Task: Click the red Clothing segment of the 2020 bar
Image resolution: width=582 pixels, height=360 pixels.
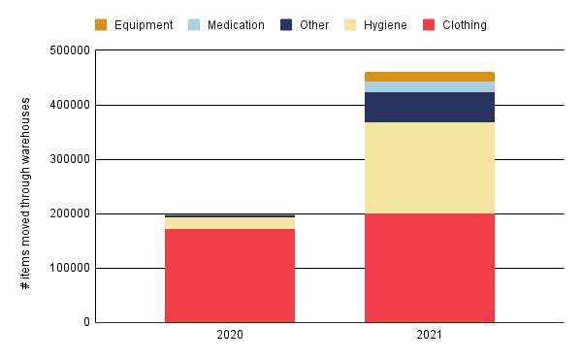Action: [230, 276]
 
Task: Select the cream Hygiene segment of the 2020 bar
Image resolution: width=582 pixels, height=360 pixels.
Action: [230, 223]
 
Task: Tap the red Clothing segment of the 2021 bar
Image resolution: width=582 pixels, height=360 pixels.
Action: [430, 268]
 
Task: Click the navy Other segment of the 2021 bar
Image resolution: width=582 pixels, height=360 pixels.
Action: [430, 108]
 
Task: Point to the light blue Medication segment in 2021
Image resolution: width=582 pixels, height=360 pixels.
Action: [430, 87]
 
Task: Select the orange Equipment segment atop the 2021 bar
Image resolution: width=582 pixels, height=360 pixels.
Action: [430, 77]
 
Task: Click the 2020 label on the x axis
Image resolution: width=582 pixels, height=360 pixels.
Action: [230, 335]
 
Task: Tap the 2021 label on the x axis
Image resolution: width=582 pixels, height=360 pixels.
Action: [430, 335]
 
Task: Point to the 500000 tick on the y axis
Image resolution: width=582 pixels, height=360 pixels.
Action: [66, 50]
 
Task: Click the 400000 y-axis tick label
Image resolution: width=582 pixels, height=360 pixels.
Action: [66, 105]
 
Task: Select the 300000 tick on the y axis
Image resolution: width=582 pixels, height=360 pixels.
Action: [66, 159]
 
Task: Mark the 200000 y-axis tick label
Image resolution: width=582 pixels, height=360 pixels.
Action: [66, 213]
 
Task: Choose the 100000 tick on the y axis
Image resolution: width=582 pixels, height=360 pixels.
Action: [66, 268]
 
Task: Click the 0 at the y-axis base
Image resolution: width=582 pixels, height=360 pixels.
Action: [85, 322]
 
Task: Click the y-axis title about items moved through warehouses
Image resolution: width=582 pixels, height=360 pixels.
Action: [26, 193]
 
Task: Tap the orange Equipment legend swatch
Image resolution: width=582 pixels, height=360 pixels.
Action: [101, 24]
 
